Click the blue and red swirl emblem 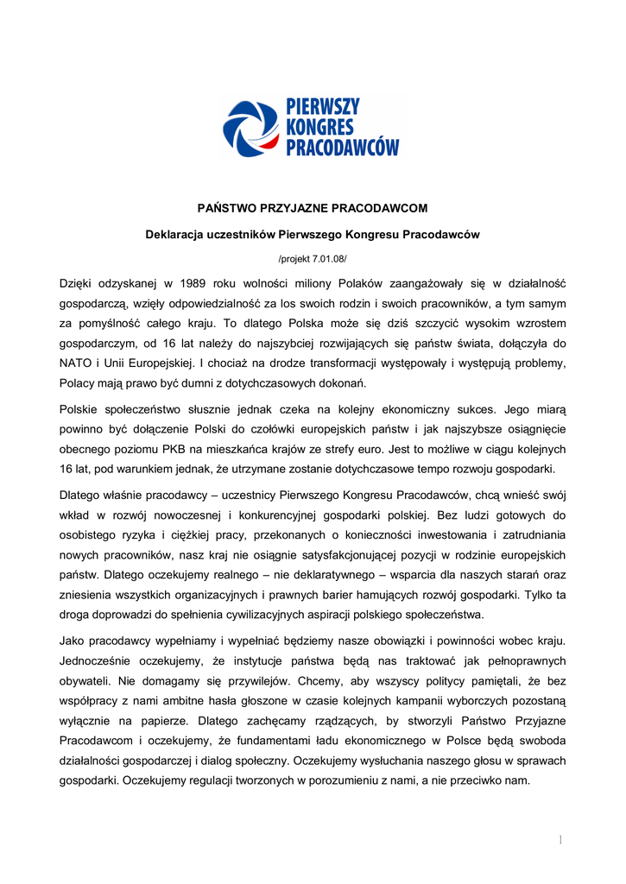250,129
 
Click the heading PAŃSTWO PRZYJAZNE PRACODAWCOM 313,208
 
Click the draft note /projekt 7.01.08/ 313,258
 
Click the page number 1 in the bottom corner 560,839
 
